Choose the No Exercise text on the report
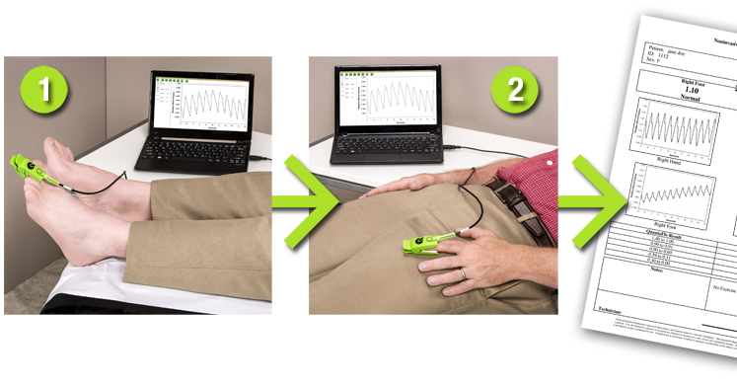pyautogui.click(x=726, y=288)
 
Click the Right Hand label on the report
pyautogui.click(x=672, y=157)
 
